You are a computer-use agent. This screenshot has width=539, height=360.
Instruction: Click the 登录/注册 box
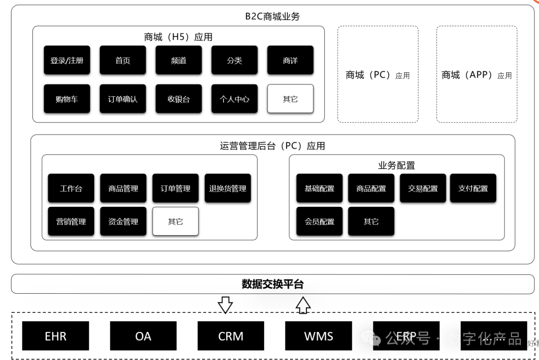point(67,60)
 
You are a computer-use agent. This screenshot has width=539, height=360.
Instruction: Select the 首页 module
point(123,60)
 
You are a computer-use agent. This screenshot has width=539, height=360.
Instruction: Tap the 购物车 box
point(67,99)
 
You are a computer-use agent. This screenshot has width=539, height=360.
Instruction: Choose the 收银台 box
point(179,99)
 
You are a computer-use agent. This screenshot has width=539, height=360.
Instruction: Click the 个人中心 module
point(235,99)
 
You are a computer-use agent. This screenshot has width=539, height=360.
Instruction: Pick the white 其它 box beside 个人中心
point(290,99)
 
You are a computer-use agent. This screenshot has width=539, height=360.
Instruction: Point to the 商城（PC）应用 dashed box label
point(378,75)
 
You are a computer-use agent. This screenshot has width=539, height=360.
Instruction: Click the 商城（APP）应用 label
point(477,75)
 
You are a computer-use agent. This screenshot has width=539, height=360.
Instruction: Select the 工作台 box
point(71,188)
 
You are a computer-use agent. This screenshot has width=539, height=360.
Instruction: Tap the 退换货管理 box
point(228,188)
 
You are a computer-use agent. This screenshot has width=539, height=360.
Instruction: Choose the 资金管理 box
point(123,221)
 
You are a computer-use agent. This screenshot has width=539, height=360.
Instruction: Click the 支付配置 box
point(473,188)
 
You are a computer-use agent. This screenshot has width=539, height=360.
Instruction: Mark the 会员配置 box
point(319,221)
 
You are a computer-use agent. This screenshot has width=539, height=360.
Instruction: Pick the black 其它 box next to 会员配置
point(371,221)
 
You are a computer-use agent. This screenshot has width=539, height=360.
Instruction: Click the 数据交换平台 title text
point(272,284)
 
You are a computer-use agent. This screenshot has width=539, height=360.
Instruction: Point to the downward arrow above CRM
point(226,305)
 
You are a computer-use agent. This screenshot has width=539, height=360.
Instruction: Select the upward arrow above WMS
point(303,305)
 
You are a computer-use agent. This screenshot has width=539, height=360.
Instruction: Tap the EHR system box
point(55,336)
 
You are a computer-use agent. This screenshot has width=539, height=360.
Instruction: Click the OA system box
point(143,336)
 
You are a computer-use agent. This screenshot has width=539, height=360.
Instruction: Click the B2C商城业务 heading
point(272,16)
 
